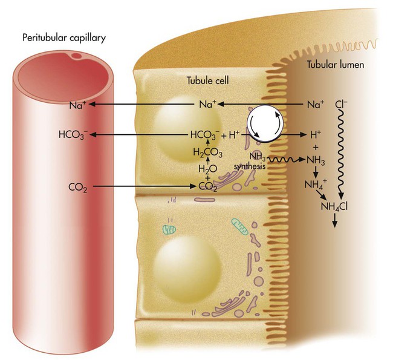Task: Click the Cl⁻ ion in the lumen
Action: point(342,104)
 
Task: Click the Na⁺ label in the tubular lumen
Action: point(316,105)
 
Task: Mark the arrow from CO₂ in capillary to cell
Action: point(145,187)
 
